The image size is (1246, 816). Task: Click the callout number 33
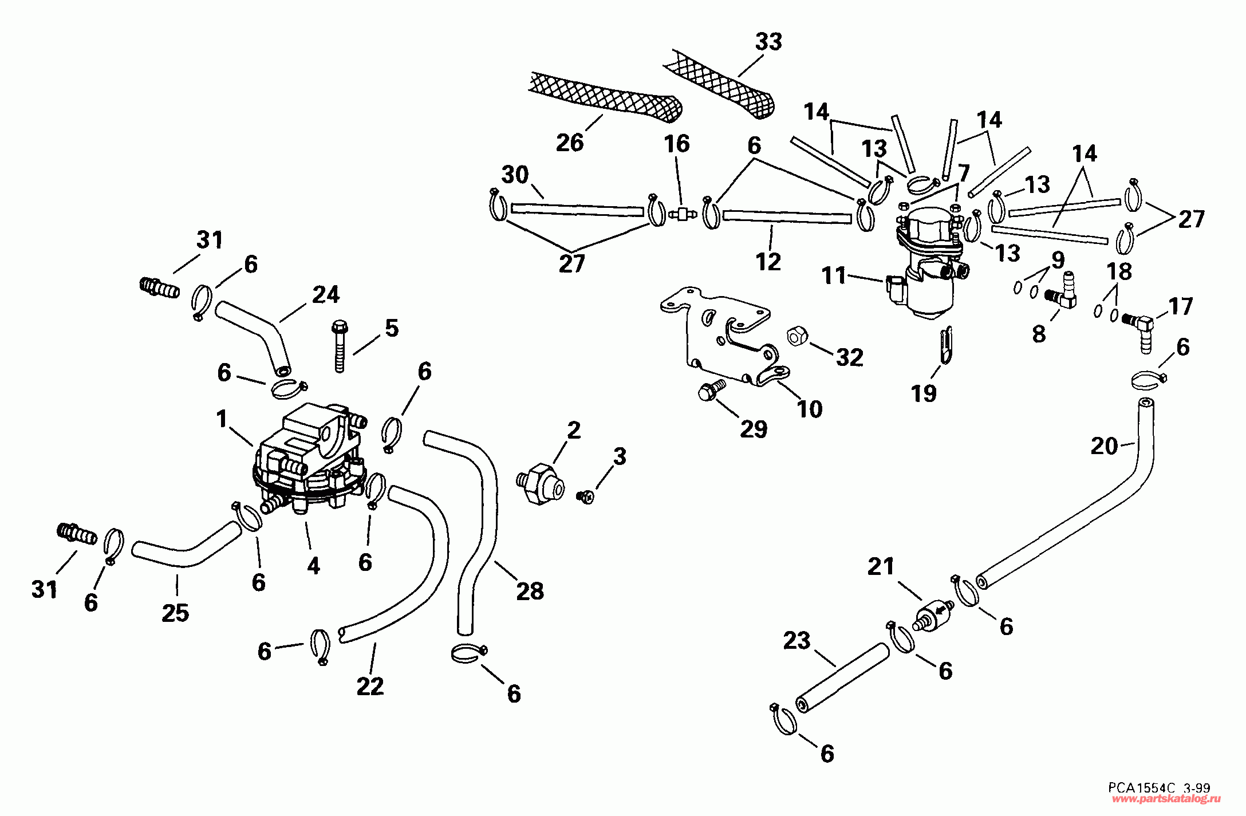coord(768,42)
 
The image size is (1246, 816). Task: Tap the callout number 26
coord(570,143)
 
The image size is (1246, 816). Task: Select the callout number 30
coord(515,175)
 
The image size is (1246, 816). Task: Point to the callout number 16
coord(677,144)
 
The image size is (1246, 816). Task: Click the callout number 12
coord(768,262)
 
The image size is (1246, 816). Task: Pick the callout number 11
coord(834,275)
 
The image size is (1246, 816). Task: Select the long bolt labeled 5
coord(340,346)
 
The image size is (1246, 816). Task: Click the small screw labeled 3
coord(586,496)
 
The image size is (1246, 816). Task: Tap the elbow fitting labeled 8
coord(1060,291)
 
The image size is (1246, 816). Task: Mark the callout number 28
coord(530,592)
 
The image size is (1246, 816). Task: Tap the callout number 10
coord(810,409)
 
